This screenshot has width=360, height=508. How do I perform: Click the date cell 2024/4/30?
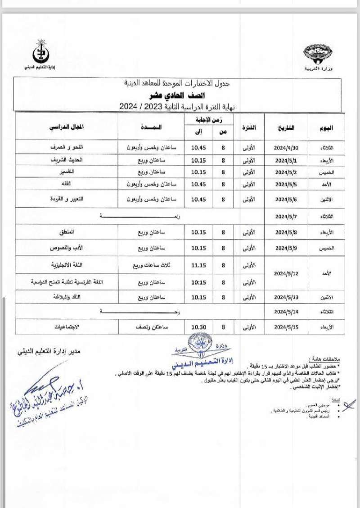(x=286, y=148)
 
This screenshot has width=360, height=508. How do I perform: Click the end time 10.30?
(x=198, y=327)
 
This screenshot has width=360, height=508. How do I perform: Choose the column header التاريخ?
(x=286, y=127)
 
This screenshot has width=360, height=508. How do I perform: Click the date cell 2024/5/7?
(x=286, y=216)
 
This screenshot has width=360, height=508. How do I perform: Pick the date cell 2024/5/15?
(x=286, y=327)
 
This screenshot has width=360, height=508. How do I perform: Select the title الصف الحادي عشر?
(x=177, y=95)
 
